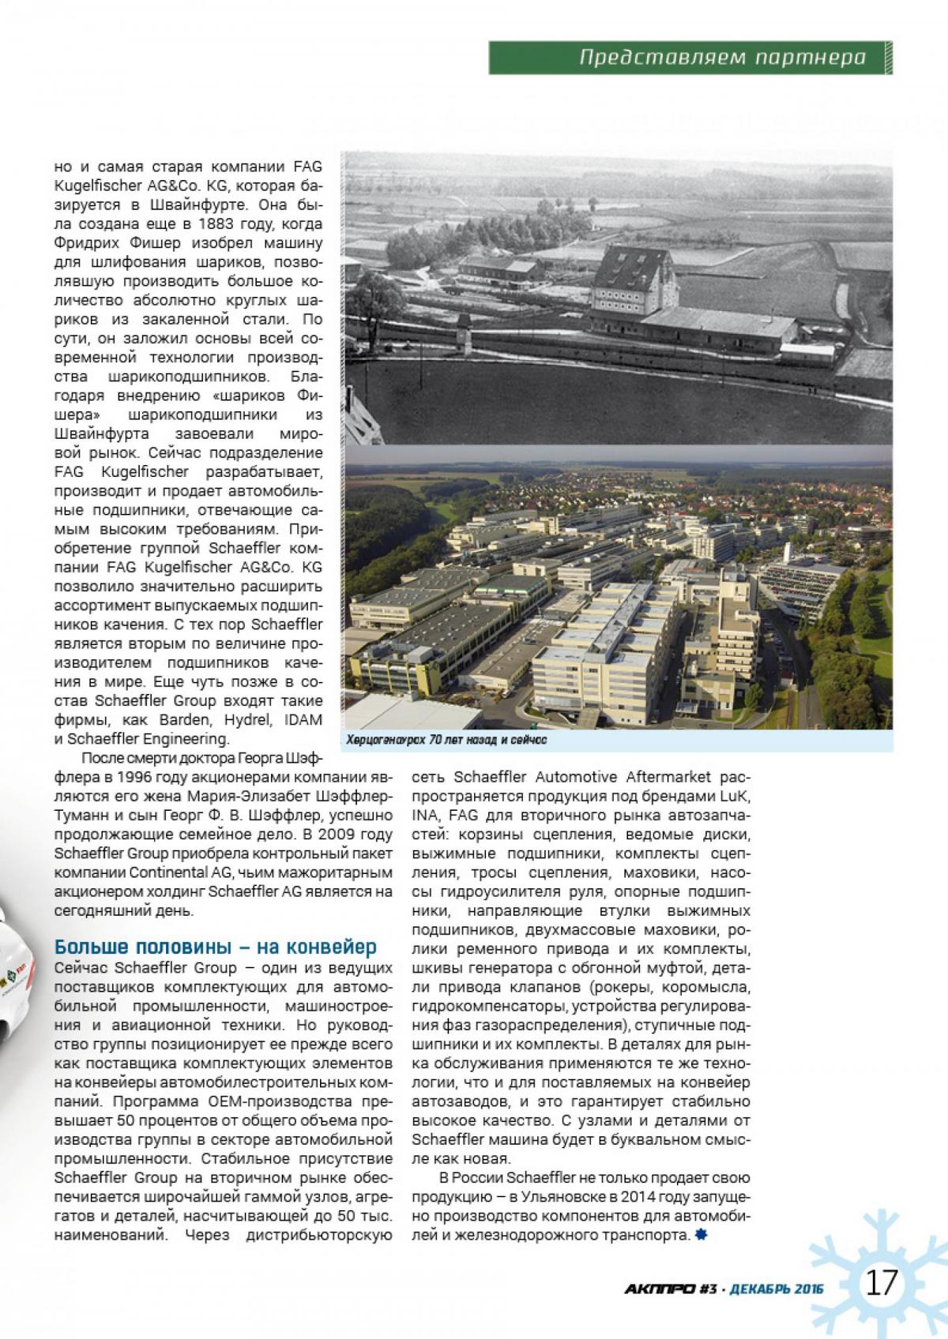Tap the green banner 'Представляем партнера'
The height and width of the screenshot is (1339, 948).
(x=722, y=58)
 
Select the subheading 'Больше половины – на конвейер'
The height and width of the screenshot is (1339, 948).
(x=214, y=947)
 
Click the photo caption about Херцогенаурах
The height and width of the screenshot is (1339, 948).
(x=446, y=741)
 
